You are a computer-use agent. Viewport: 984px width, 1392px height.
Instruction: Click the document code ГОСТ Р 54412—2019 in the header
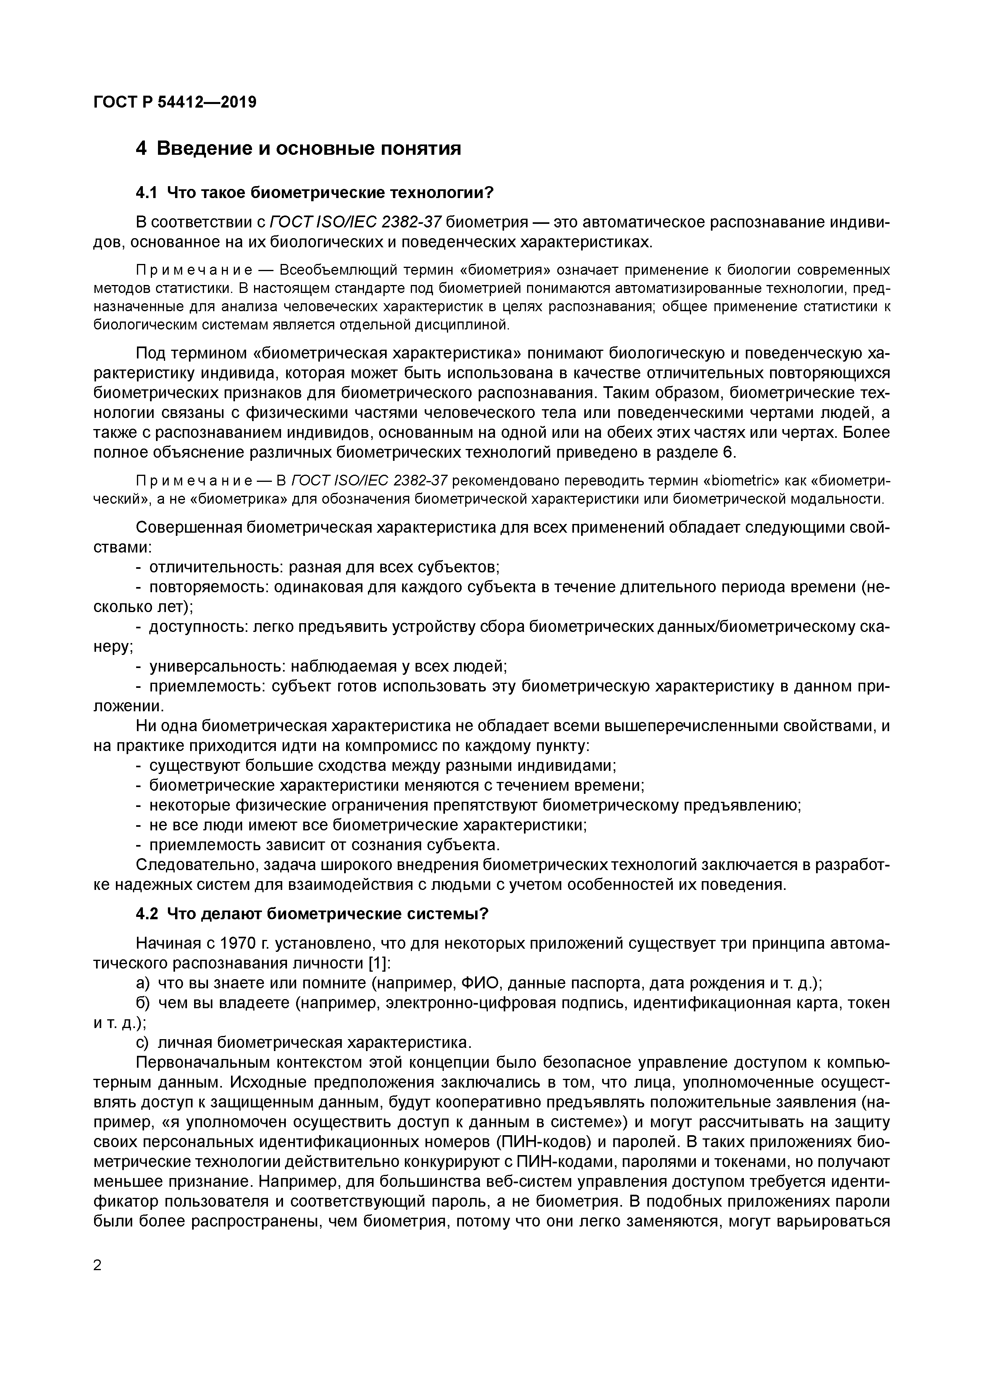(x=175, y=102)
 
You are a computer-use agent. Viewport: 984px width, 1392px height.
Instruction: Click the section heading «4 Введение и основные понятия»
(x=298, y=148)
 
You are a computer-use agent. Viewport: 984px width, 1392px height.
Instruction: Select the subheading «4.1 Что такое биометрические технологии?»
(x=315, y=193)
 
